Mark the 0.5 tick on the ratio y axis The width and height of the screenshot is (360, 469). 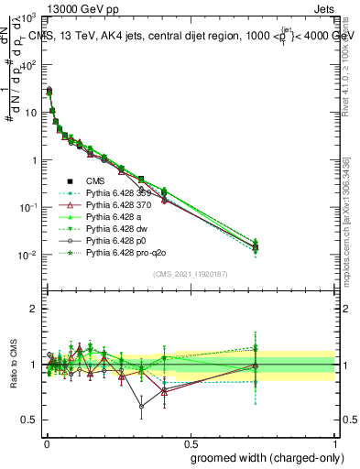tap(29, 420)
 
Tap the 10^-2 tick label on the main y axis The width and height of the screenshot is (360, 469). tap(27, 255)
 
